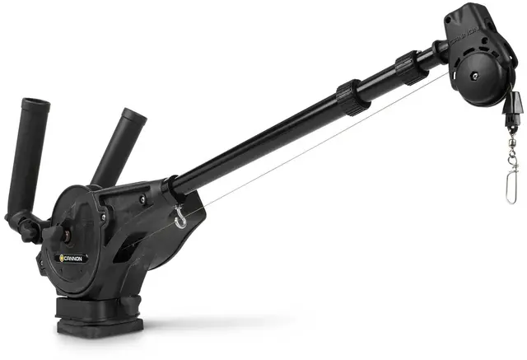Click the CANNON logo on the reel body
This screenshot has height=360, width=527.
pos(74,258)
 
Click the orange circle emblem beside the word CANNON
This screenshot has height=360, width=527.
pos(61,259)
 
